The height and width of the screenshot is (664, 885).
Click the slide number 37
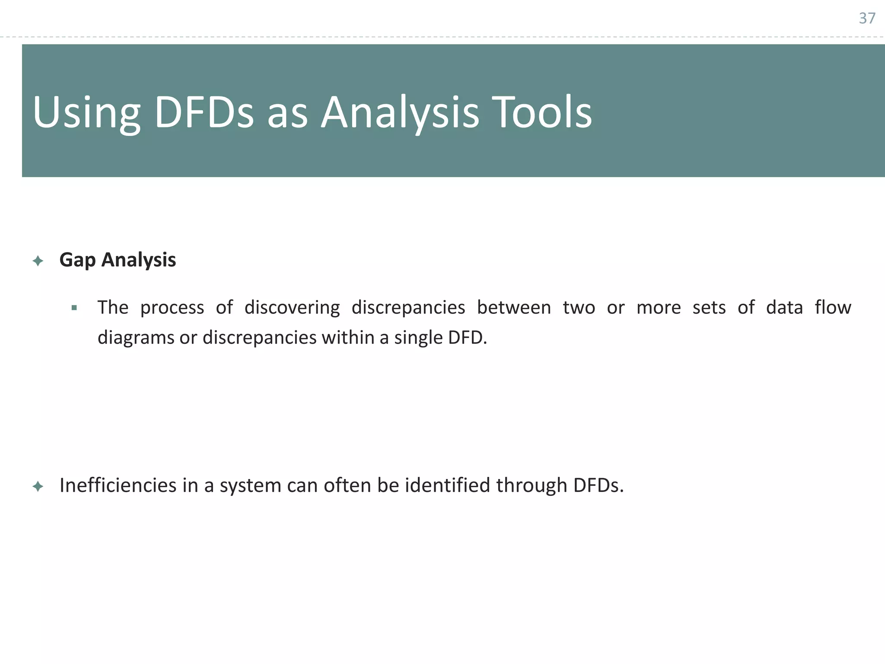click(x=867, y=18)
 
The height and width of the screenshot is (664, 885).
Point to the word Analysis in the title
click(x=400, y=113)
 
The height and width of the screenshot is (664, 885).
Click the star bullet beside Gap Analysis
click(x=38, y=261)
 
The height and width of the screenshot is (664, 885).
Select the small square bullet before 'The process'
click(x=74, y=308)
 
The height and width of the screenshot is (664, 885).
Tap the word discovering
click(x=292, y=308)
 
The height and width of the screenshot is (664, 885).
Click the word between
click(x=514, y=308)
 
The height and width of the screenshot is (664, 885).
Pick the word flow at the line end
click(x=833, y=308)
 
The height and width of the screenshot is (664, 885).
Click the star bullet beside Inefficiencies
click(x=38, y=487)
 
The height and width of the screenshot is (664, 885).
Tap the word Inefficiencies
click(x=118, y=485)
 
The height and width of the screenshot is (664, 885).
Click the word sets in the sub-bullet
click(x=709, y=308)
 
